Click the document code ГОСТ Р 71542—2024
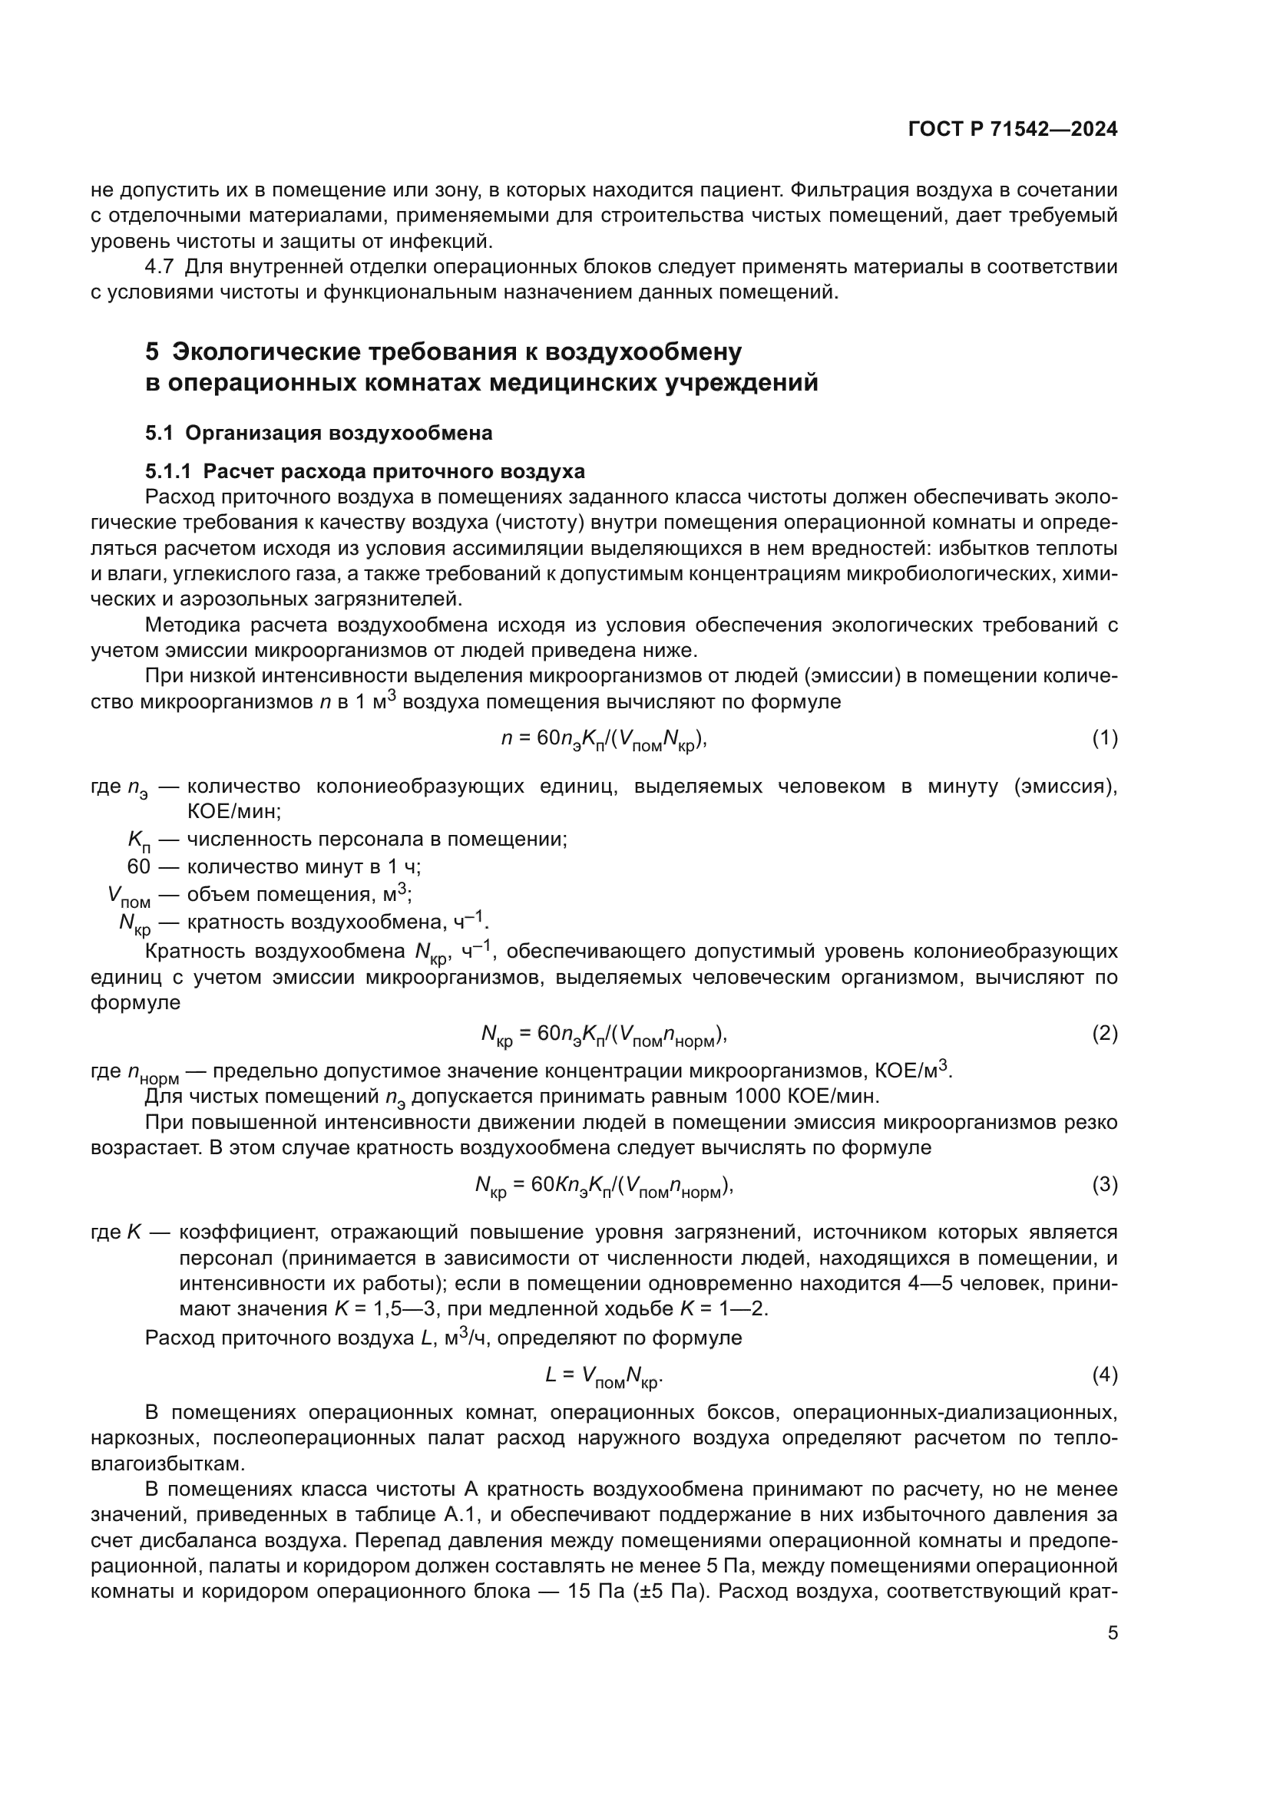tap(1013, 130)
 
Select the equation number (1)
tap(1104, 738)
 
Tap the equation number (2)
tap(1104, 1034)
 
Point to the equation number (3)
tap(1104, 1184)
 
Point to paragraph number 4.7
tap(159, 267)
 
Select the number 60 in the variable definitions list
tap(138, 866)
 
